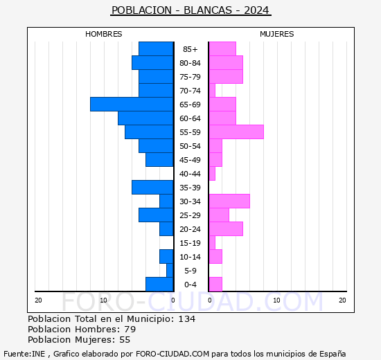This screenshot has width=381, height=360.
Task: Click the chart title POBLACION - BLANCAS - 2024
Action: [x=190, y=10]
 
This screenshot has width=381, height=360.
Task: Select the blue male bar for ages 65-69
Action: [x=132, y=104]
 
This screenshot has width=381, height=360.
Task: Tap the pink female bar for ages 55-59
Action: [x=236, y=132]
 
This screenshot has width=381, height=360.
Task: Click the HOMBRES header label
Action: [x=104, y=34]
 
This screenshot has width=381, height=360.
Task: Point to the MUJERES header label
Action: [x=276, y=34]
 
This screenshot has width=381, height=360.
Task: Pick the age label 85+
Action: [x=190, y=49]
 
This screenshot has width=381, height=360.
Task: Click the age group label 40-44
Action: [x=190, y=174]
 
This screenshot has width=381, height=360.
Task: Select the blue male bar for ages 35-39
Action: [x=152, y=187]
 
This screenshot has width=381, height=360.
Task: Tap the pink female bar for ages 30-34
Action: [x=229, y=201]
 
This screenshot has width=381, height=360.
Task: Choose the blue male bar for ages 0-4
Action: [x=159, y=284]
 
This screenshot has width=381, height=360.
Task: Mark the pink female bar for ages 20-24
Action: [x=225, y=228]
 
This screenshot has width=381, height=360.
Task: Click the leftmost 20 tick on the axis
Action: [x=38, y=300]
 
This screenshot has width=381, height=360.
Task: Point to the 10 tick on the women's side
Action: [x=276, y=300]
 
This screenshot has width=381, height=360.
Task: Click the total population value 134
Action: [x=186, y=319]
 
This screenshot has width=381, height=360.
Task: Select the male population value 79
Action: [x=130, y=330]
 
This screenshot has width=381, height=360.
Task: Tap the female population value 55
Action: [x=124, y=340]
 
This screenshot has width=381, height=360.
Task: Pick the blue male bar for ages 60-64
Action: [x=145, y=118]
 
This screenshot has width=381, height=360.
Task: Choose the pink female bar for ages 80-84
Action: [x=225, y=62]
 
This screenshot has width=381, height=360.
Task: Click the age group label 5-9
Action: [x=190, y=271]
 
